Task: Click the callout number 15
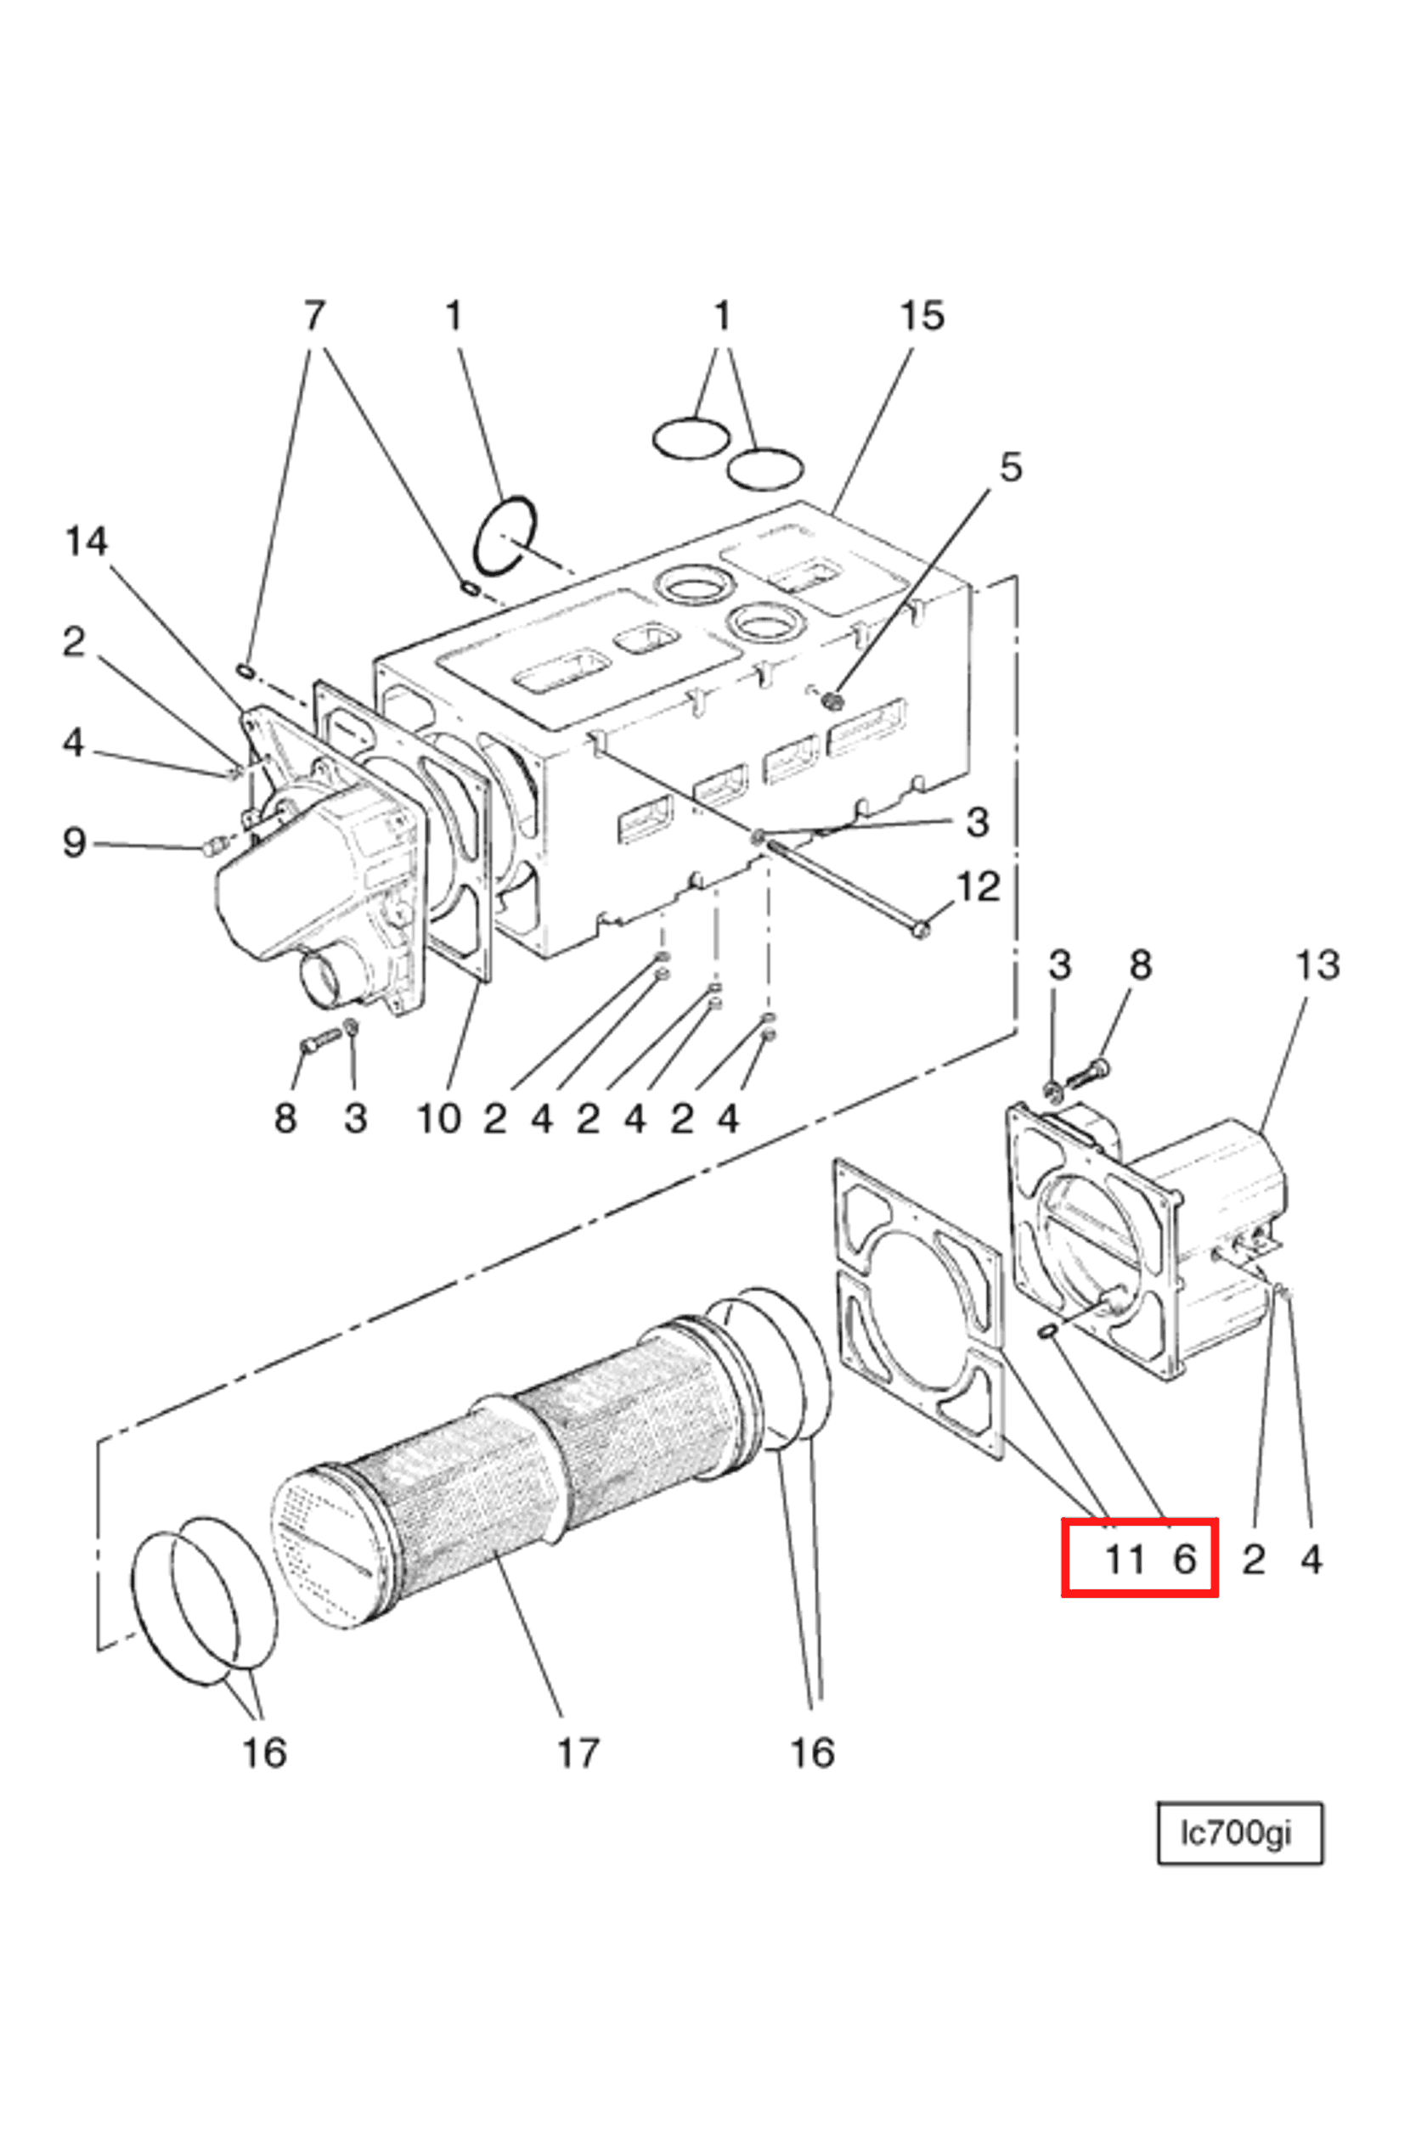pyautogui.click(x=921, y=317)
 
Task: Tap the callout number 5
pyautogui.click(x=1010, y=467)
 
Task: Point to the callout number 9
pyautogui.click(x=74, y=842)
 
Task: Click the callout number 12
pyautogui.click(x=979, y=886)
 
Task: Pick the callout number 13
pyautogui.click(x=1317, y=965)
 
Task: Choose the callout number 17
pyautogui.click(x=578, y=1752)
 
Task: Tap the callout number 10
pyautogui.click(x=438, y=1119)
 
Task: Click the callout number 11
pyautogui.click(x=1124, y=1560)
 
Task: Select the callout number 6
pyautogui.click(x=1184, y=1560)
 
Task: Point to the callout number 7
pyautogui.click(x=313, y=317)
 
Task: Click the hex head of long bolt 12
pyautogui.click(x=921, y=929)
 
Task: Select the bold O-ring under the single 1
pyautogui.click(x=505, y=537)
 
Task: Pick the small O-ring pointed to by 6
pyautogui.click(x=1046, y=1333)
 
